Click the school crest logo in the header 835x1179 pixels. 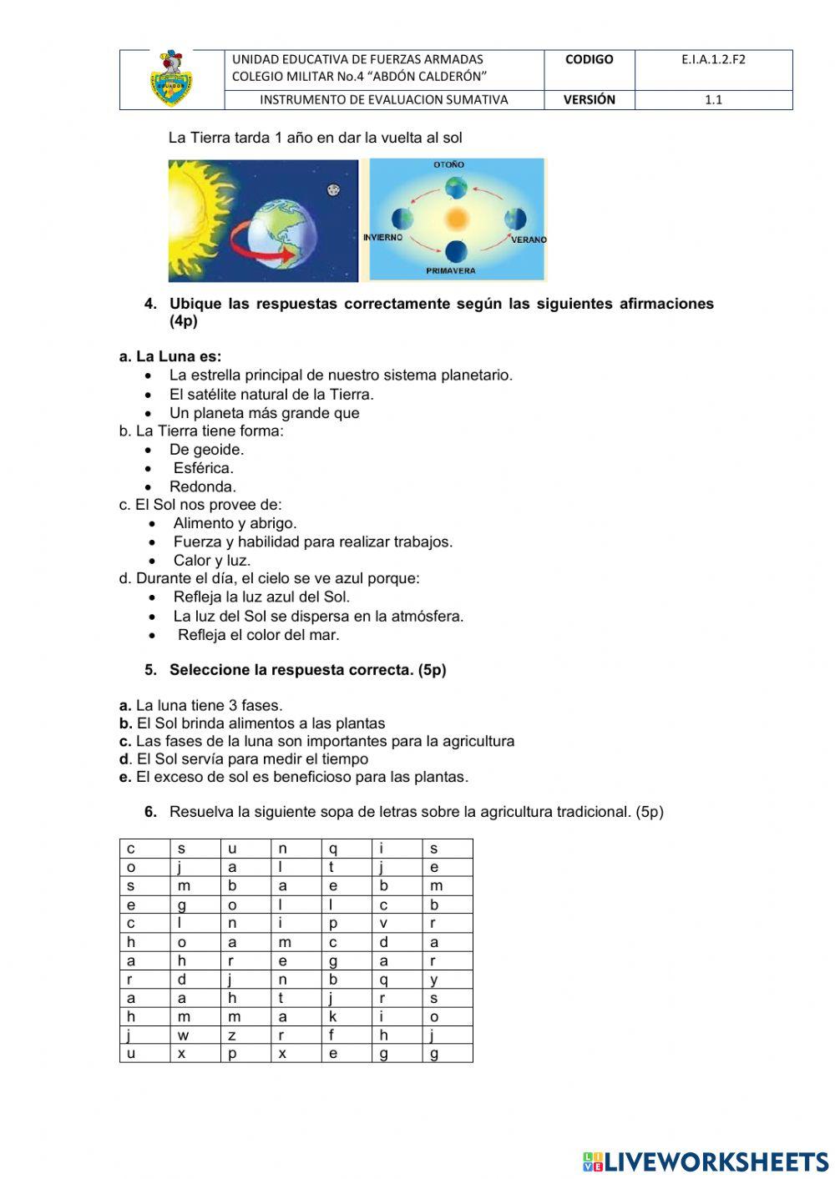click(171, 79)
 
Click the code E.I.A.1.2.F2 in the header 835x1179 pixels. click(712, 59)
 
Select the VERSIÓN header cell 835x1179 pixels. click(589, 99)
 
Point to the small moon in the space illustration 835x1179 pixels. click(333, 189)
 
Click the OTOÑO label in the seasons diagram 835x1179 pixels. click(449, 165)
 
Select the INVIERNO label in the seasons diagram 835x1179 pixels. click(383, 238)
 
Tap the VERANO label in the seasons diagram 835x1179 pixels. click(529, 239)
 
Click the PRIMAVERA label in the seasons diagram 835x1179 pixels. click(450, 271)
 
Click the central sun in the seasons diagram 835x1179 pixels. click(456, 219)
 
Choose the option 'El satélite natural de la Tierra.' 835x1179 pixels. click(271, 395)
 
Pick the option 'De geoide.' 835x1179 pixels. click(206, 450)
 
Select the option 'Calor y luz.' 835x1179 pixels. click(212, 561)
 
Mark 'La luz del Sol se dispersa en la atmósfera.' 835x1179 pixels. click(318, 617)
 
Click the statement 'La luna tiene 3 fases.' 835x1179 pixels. click(209, 706)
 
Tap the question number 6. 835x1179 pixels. click(150, 812)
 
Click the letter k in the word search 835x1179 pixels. click(332, 1016)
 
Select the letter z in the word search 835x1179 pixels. click(232, 1035)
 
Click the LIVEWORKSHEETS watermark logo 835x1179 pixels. click(706, 1161)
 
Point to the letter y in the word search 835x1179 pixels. click(434, 980)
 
